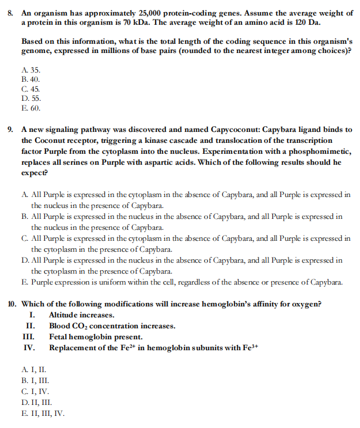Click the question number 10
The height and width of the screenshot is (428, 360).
tap(10, 304)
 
